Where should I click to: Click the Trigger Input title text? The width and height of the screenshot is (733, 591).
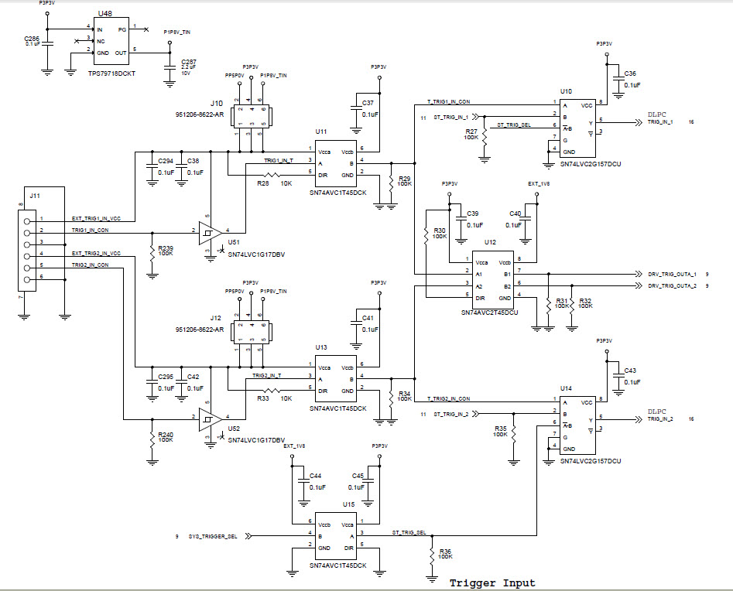coord(492,582)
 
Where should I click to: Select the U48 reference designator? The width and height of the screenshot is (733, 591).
coord(104,14)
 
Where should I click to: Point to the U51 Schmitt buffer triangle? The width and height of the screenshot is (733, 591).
coord(207,231)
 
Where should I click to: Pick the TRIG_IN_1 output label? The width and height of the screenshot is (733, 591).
coord(660,121)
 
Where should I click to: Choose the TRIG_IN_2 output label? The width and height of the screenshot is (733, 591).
coord(660,418)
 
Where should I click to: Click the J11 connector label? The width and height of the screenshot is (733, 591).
coord(34,196)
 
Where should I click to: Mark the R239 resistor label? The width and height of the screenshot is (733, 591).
coord(165,248)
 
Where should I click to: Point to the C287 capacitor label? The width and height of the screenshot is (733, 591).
coord(188,60)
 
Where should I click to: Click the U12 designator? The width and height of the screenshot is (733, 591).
coord(490,241)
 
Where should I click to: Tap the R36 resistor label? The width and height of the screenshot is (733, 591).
coord(445,551)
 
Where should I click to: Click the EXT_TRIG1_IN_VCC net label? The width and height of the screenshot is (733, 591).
coord(96,220)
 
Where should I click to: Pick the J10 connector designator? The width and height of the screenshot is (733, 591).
coord(217,103)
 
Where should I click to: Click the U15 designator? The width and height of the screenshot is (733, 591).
coord(350,504)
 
